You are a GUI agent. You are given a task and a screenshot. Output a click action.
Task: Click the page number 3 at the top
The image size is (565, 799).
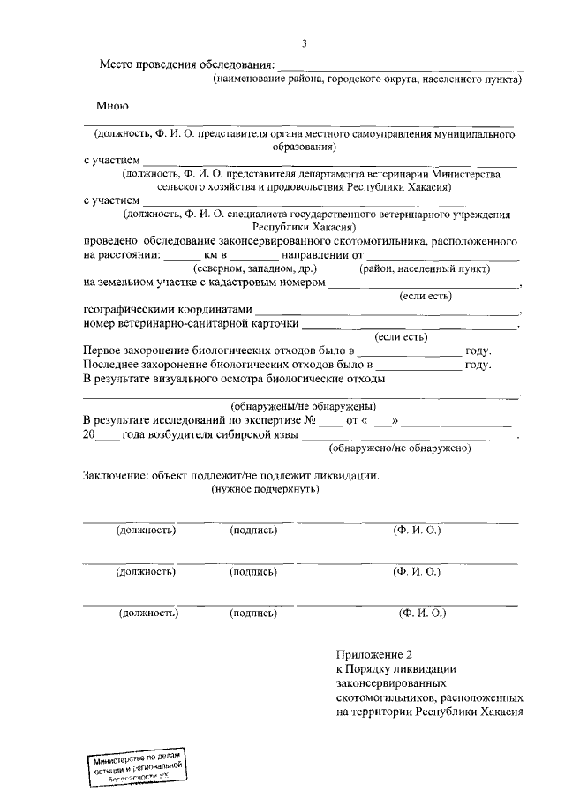click(x=305, y=43)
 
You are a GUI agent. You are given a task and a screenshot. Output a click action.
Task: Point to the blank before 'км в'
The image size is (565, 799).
click(x=183, y=256)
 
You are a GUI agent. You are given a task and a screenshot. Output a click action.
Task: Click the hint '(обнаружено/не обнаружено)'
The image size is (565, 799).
click(x=398, y=448)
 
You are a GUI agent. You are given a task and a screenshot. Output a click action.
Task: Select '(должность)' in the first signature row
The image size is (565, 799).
click(x=146, y=530)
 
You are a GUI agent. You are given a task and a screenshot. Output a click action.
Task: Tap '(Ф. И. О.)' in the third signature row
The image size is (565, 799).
click(x=423, y=612)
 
